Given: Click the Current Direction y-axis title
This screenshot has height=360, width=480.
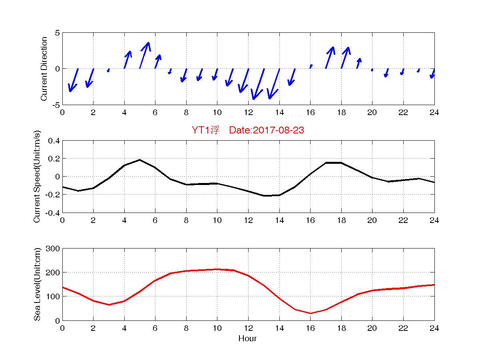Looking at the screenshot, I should pyautogui.click(x=44, y=69).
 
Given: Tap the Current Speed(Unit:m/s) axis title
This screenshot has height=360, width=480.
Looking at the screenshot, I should pyautogui.click(x=38, y=176).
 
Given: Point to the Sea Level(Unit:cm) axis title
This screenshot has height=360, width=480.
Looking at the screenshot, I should pyautogui.click(x=38, y=284).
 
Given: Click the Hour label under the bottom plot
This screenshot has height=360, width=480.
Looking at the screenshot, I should pyautogui.click(x=247, y=339).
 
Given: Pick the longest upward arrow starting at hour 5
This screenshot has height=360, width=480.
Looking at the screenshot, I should pyautogui.click(x=144, y=55).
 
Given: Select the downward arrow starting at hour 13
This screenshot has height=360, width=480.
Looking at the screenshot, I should pyautogui.click(x=258, y=84).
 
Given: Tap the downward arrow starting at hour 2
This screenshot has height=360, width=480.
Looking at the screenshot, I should pyautogui.click(x=90, y=78).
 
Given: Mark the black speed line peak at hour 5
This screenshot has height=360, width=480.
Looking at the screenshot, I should pyautogui.click(x=139, y=160).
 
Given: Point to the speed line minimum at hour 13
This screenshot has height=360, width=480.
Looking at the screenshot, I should pyautogui.click(x=264, y=196).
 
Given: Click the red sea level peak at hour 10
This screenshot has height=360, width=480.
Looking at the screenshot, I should pyautogui.click(x=217, y=269).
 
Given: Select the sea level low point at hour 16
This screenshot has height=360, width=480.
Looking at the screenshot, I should pyautogui.click(x=310, y=313).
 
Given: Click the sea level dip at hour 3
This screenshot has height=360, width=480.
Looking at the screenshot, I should pyautogui.click(x=109, y=305).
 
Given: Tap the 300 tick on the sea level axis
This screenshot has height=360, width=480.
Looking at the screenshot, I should pyautogui.click(x=53, y=249).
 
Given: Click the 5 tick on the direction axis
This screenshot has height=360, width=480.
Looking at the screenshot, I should pyautogui.click(x=57, y=33).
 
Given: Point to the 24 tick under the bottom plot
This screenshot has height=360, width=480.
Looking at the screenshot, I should pyautogui.click(x=434, y=328).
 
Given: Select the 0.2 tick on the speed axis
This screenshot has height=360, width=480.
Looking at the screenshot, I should pyautogui.click(x=53, y=159).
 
